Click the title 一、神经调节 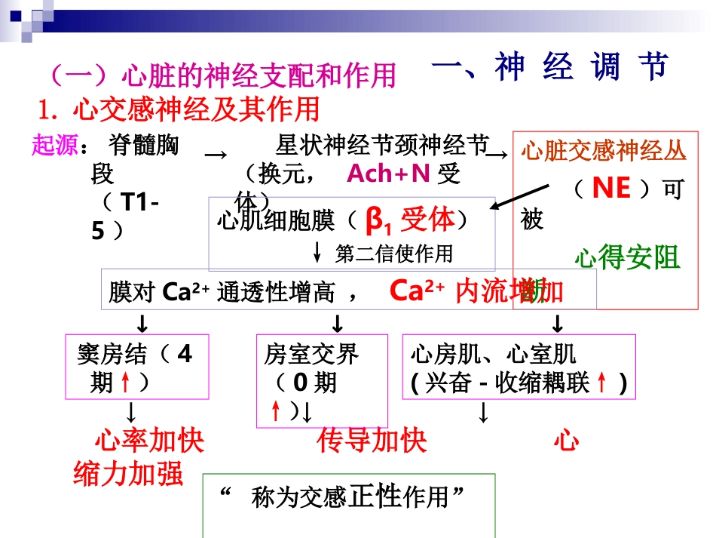click(x=550, y=68)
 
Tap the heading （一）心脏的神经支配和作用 click(x=222, y=75)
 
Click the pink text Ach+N click(x=388, y=174)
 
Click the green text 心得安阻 click(x=626, y=257)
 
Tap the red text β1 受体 click(x=410, y=220)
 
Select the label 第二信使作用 click(x=394, y=254)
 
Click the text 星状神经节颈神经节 click(x=382, y=144)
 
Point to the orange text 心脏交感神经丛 click(x=604, y=151)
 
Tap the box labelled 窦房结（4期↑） click(x=136, y=367)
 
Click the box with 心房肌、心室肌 click(x=519, y=367)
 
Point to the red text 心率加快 click(x=149, y=441)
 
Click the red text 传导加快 click(x=372, y=441)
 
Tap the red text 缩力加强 click(x=128, y=474)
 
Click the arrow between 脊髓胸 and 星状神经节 click(x=216, y=154)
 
